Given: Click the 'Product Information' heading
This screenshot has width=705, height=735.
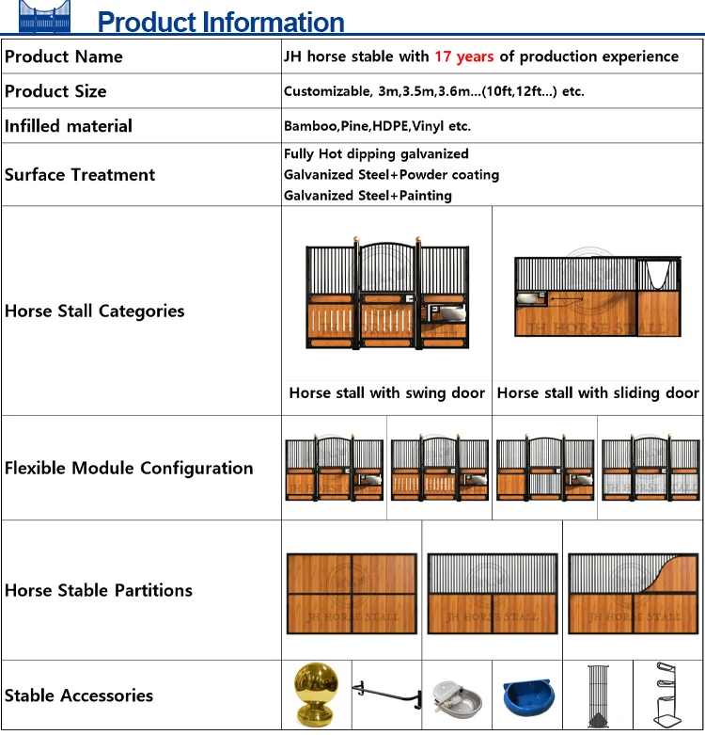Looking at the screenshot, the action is (221, 22).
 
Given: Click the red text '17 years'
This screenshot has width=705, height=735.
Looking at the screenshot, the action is (463, 56).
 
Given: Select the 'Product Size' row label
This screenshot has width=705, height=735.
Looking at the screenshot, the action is (55, 91).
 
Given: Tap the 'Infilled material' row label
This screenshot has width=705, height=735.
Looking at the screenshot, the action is (69, 126).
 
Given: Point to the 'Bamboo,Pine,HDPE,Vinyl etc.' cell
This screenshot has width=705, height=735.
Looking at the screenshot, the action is (377, 126).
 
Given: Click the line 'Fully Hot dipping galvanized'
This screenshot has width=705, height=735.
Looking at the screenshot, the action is (376, 153).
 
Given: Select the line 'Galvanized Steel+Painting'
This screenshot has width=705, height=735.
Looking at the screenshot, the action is (368, 196).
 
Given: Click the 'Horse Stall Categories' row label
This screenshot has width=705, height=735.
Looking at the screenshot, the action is (95, 312).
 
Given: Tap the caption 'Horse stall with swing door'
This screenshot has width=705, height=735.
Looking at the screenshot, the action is (386, 393).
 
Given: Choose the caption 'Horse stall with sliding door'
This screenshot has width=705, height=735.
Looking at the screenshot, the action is (598, 393).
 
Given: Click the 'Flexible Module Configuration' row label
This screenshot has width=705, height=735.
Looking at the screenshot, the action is (129, 468).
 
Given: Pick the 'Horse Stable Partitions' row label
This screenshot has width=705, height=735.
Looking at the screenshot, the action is (99, 591).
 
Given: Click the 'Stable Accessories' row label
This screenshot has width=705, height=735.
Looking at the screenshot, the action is (79, 695).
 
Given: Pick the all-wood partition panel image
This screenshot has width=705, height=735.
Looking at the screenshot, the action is (352, 593).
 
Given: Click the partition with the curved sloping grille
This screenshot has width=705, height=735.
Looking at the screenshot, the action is (634, 593).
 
